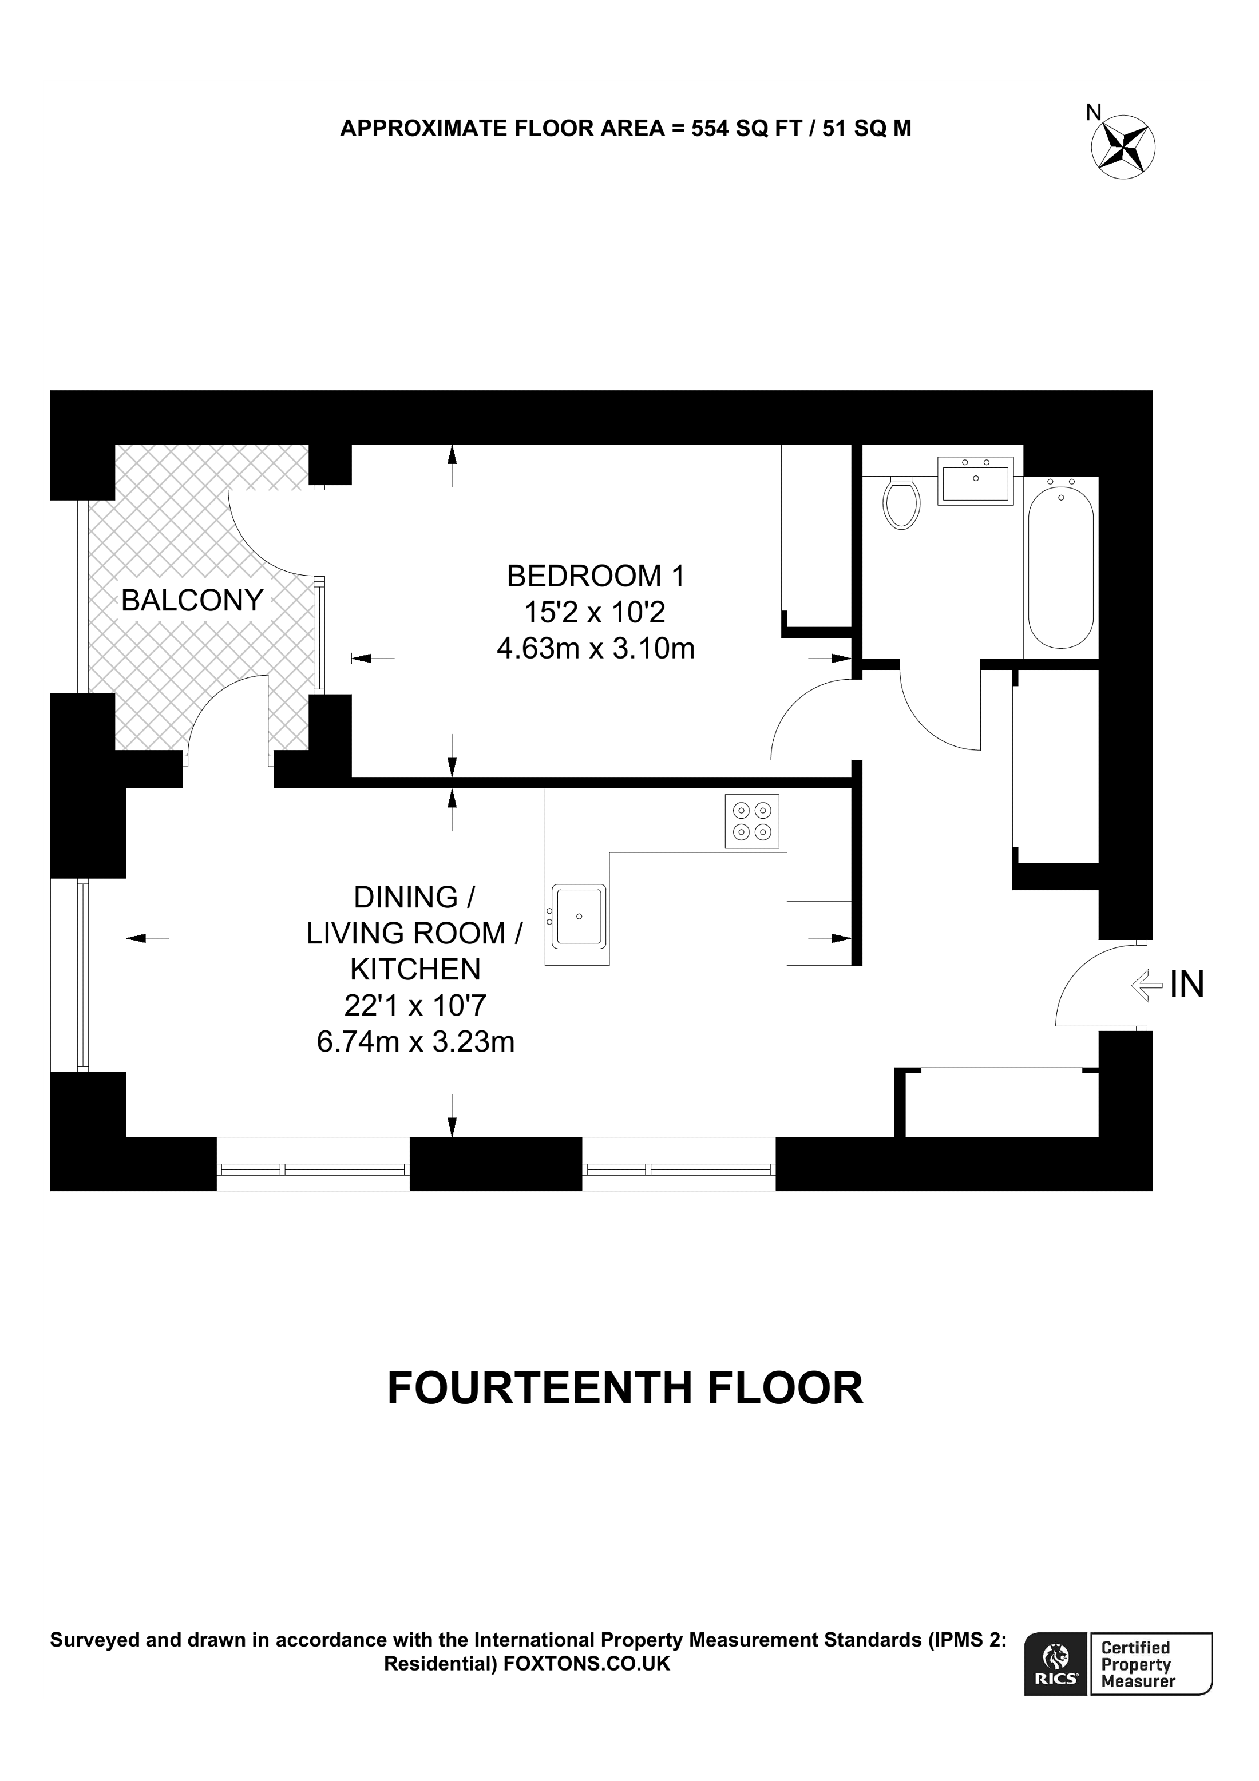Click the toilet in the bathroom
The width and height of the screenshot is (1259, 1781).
[901, 503]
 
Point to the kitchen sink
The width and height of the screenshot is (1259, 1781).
[578, 916]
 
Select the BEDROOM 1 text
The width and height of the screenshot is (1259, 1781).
[596, 576]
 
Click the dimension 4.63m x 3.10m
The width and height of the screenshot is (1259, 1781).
[596, 648]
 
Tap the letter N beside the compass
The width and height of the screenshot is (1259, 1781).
[1093, 113]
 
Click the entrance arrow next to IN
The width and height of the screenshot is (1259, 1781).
[1146, 986]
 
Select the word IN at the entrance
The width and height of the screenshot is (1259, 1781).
[1187, 985]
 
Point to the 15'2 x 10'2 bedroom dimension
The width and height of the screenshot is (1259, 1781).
[595, 613]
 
